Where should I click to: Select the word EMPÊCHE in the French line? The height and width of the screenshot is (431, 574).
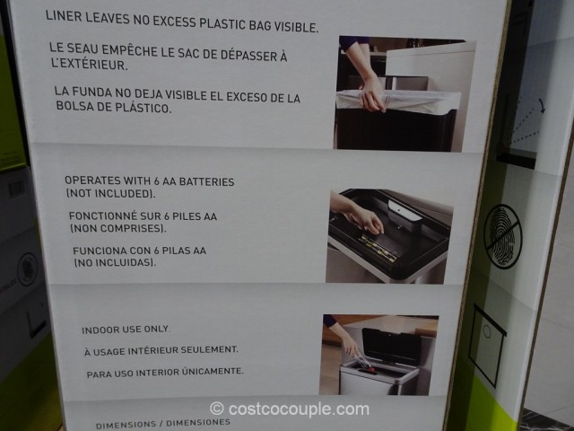point(129,50)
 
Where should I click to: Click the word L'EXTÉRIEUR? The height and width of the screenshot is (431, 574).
point(90,64)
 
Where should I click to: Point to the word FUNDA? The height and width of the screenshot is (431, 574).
point(91,92)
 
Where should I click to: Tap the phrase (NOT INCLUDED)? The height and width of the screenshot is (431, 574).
point(110,194)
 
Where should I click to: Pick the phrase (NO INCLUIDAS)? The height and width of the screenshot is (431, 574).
point(115,262)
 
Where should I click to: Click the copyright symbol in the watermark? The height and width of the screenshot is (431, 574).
point(217,409)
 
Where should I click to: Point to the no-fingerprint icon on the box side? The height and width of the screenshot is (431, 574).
point(503,236)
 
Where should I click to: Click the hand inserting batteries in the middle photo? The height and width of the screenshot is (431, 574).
point(362,218)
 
